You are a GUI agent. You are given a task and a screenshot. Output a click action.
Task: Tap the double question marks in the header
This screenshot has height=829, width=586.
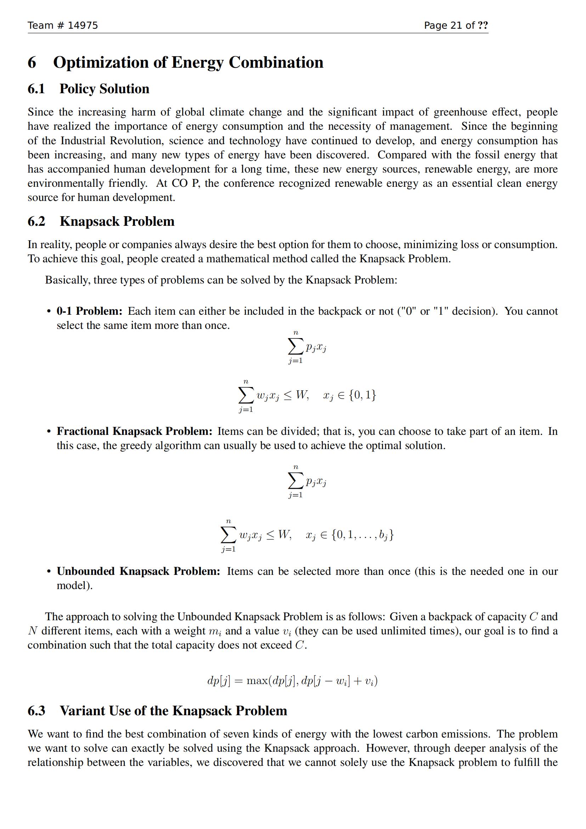point(483,25)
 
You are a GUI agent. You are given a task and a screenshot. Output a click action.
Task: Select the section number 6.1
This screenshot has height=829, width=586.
point(36,89)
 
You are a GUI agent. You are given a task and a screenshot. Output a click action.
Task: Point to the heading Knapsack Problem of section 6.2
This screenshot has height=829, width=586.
point(117,221)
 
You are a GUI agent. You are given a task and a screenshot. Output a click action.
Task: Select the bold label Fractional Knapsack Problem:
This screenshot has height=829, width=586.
point(134,431)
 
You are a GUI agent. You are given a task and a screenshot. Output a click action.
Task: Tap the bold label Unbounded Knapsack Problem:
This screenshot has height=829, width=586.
point(138,571)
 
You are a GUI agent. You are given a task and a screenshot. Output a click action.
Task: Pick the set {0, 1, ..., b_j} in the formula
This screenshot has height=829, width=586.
point(363,535)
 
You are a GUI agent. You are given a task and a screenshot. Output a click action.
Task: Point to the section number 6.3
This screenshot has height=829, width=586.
point(36,711)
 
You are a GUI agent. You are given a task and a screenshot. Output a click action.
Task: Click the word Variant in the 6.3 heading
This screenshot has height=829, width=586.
point(82,711)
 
